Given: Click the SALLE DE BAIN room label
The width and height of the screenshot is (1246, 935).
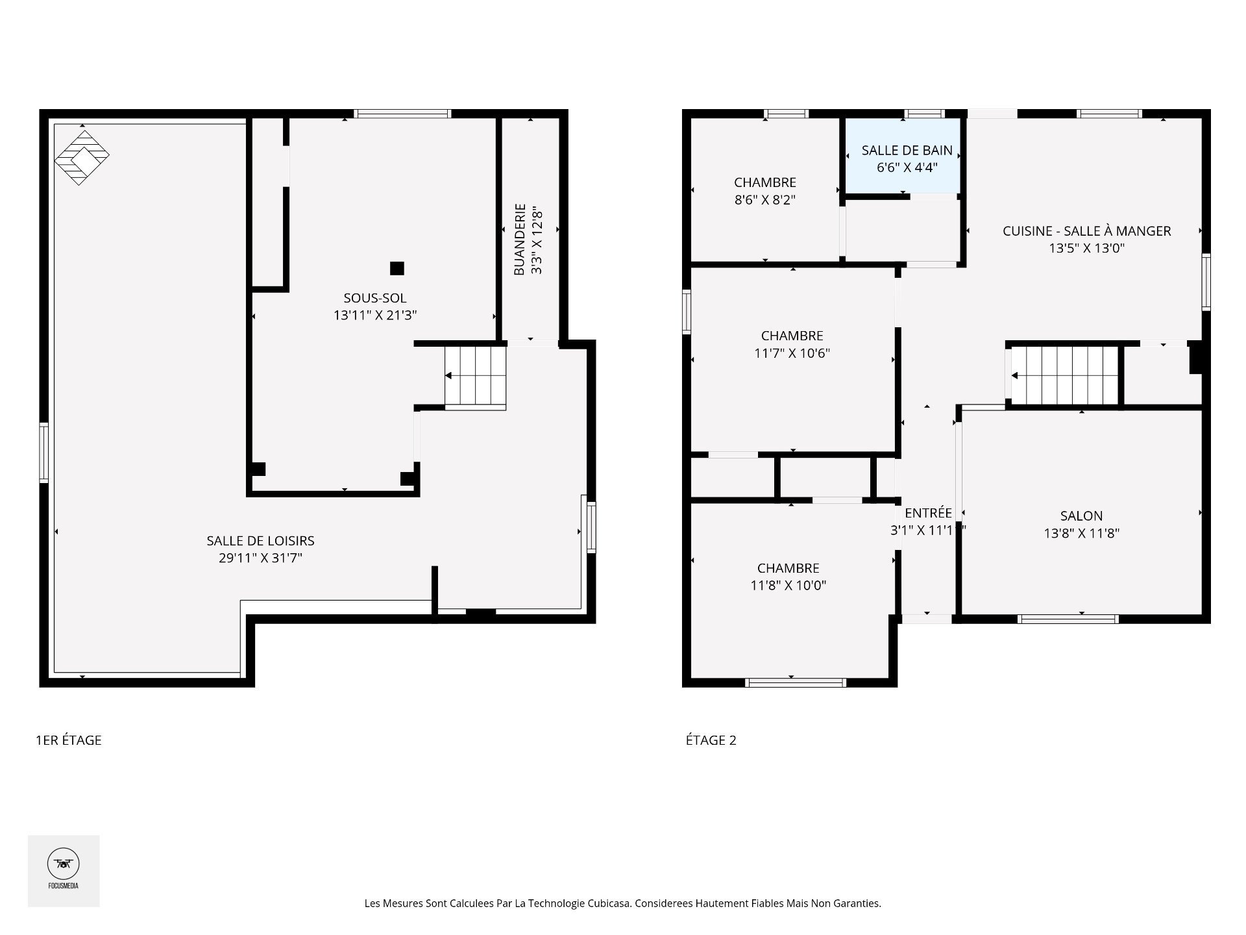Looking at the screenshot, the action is (x=907, y=150).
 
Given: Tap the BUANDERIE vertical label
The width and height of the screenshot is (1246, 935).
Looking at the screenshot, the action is (x=519, y=240).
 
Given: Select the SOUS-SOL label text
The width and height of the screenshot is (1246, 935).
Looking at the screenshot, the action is (x=375, y=298).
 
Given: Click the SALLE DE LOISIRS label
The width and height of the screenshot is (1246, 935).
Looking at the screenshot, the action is (x=260, y=540).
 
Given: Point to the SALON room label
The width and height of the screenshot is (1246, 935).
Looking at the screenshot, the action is (x=1081, y=516).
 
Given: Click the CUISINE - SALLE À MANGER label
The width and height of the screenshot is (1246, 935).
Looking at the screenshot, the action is (x=1086, y=231).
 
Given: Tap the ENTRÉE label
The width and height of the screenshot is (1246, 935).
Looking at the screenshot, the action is (x=928, y=513).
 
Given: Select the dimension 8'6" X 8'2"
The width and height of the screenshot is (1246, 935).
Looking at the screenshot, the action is (x=765, y=200).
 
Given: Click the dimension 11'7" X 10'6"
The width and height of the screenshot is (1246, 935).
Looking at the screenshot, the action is (x=792, y=353).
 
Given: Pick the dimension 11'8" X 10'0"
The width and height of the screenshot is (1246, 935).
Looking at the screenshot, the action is (x=788, y=585).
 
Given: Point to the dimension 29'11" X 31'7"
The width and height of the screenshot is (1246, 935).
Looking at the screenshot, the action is (x=260, y=558).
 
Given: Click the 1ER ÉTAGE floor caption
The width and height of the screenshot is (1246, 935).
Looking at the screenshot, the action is (x=69, y=740).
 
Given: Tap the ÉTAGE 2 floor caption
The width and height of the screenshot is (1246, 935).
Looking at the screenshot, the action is (x=711, y=740).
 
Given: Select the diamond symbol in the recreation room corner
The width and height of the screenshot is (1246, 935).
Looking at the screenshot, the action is (x=82, y=158).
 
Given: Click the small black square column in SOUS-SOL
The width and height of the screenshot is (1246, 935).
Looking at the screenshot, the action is (x=397, y=268).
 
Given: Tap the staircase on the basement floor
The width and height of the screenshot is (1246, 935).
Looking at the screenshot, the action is (x=475, y=376).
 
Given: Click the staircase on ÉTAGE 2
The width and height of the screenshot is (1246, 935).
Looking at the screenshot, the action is (x=1065, y=375).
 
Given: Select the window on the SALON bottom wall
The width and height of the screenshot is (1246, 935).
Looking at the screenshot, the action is (x=1068, y=619).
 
